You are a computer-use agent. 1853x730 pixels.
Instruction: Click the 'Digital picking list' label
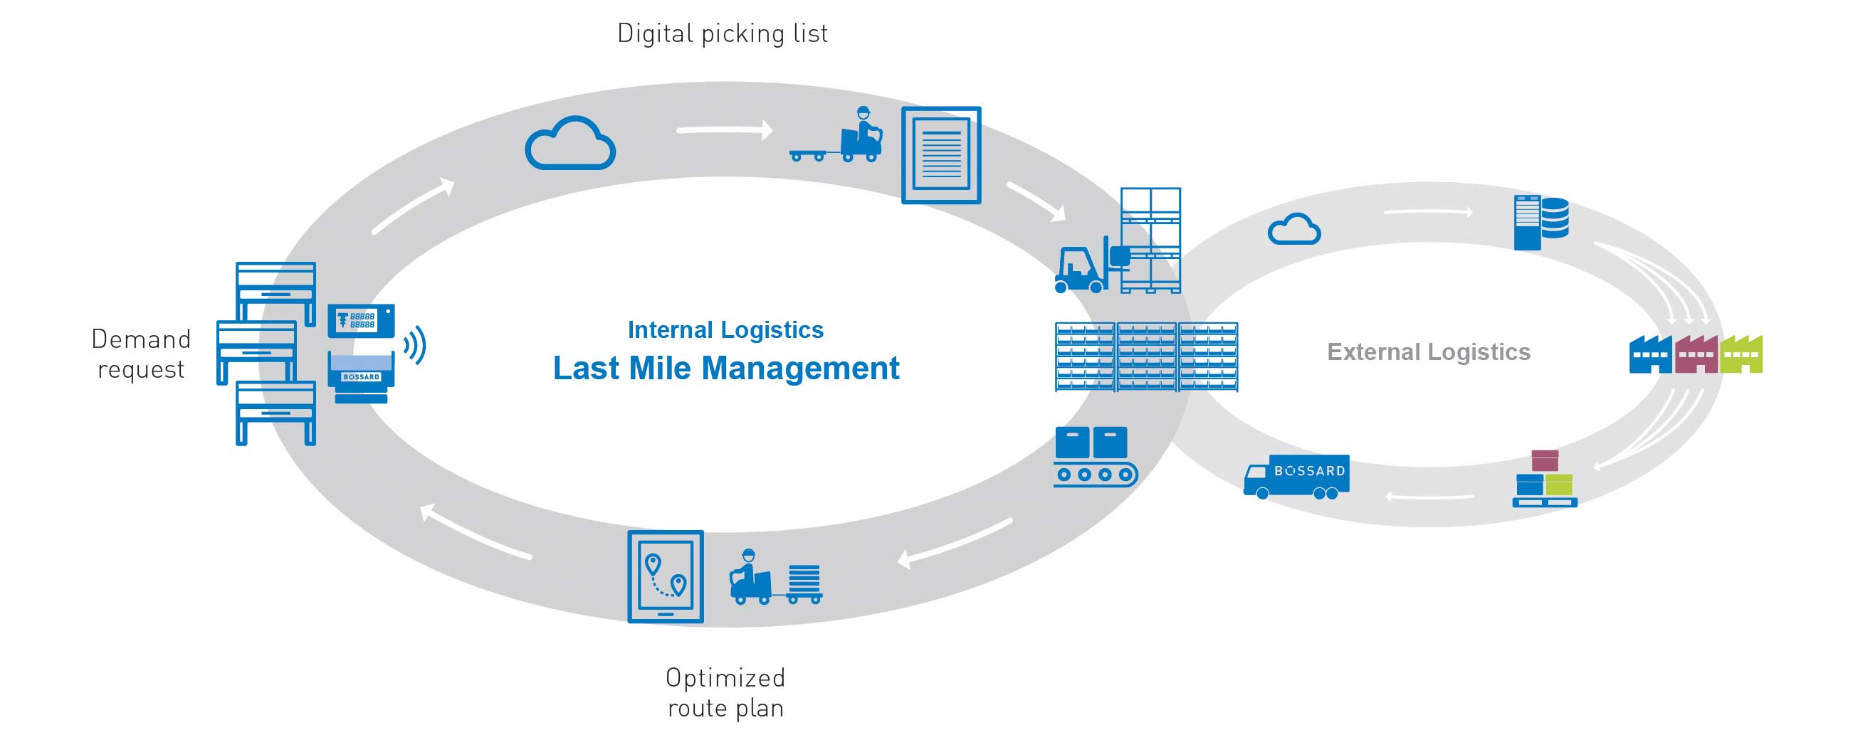coord(723,33)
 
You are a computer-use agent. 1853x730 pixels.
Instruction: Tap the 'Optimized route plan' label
coord(725,692)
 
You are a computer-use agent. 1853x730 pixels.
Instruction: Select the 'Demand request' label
coord(141,354)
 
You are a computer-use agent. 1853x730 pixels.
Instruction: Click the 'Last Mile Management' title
coord(725,369)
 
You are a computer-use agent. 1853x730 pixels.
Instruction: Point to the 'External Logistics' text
coord(1428,351)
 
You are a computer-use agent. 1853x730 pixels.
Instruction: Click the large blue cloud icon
coord(569,144)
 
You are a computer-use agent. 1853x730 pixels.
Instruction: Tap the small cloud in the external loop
coord(1293,229)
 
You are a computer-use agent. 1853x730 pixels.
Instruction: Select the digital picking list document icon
coord(941,155)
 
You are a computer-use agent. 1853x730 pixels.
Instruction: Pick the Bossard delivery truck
coord(1296,476)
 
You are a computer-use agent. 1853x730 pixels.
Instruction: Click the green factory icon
coord(1741,354)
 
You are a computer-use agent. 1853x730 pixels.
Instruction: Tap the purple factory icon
coord(1696,354)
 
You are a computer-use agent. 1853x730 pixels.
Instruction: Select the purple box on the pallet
coord(1545,460)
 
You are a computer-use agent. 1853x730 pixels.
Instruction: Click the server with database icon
coord(1540,222)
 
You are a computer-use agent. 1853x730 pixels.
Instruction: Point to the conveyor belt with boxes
coord(1093,457)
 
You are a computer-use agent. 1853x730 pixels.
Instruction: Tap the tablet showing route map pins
coord(666,576)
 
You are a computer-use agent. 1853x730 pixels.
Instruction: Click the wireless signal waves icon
coord(415,345)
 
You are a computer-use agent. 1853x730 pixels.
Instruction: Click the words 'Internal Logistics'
coord(725,329)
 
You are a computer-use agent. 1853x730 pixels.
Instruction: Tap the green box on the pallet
coord(1559,484)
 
